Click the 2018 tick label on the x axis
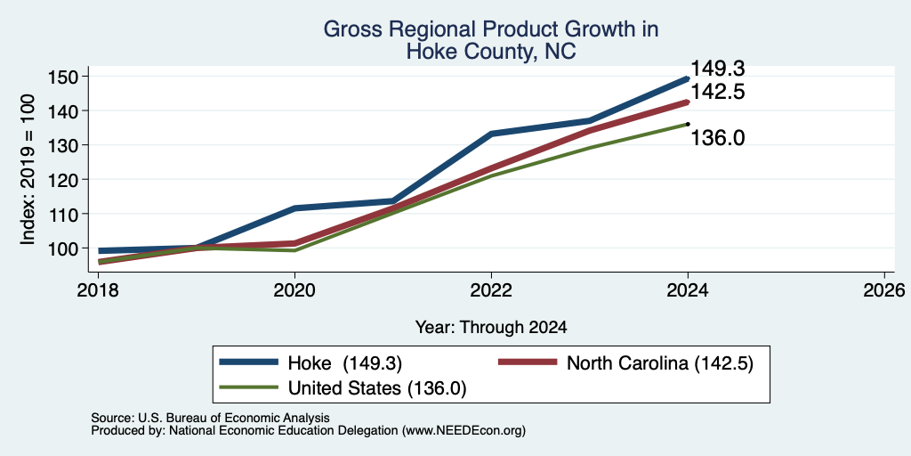pyautogui.click(x=98, y=289)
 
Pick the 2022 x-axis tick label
pyautogui.click(x=491, y=289)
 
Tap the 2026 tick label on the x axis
pyautogui.click(x=884, y=289)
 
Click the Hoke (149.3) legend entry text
pyautogui.click(x=345, y=363)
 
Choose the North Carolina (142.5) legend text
pyautogui.click(x=660, y=363)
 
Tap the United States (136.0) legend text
pyautogui.click(x=377, y=388)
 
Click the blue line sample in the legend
pyautogui.click(x=249, y=362)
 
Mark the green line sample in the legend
pyautogui.click(x=249, y=387)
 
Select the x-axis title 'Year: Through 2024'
pyautogui.click(x=491, y=328)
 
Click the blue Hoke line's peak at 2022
pyautogui.click(x=491, y=134)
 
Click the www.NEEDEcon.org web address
pyautogui.click(x=463, y=431)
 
